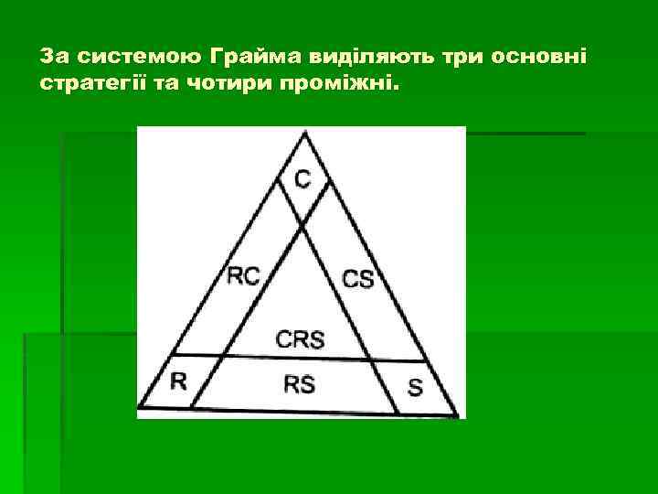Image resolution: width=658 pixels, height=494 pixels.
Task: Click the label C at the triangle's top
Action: point(302,179)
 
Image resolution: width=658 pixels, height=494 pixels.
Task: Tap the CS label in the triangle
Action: point(358,278)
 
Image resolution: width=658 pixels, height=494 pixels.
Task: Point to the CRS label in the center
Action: point(300,339)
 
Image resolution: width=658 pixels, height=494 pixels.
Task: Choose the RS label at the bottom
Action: point(299,384)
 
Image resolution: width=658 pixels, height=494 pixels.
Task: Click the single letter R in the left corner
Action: point(178,381)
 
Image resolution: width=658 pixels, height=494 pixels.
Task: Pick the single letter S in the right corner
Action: point(415,387)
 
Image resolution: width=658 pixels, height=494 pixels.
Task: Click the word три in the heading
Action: point(462,57)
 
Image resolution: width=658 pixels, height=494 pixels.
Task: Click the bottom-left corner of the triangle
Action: point(140,408)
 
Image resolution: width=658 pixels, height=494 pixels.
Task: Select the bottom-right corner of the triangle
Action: point(458,416)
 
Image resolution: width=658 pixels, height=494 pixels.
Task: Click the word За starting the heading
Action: point(54,57)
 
